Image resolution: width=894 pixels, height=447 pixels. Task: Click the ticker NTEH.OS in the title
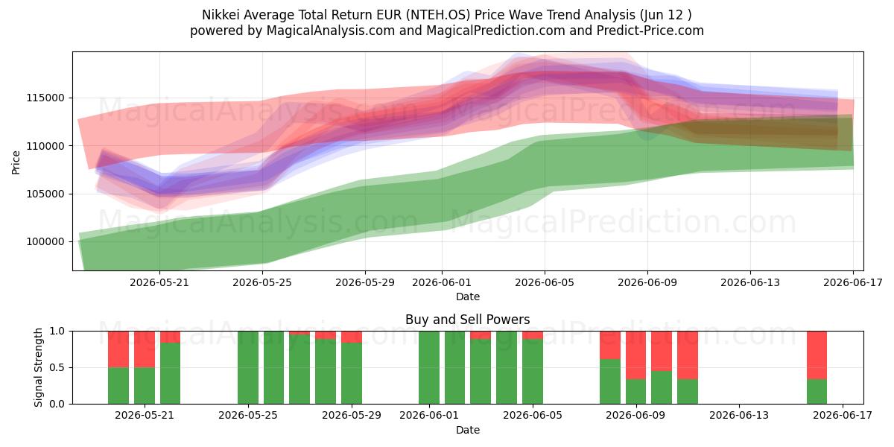coord(437,15)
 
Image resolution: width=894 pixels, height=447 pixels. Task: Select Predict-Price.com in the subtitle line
coord(650,31)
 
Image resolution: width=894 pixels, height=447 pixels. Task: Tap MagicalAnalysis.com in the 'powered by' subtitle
coord(331,31)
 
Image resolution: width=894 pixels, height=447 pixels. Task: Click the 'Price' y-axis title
coord(16,162)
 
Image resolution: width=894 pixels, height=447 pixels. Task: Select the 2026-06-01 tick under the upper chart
coord(441,282)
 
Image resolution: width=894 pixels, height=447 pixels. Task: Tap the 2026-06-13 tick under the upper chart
coord(750,282)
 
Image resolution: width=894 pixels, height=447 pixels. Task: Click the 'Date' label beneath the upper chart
coord(468,297)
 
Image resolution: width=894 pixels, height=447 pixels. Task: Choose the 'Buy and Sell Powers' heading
coord(467,320)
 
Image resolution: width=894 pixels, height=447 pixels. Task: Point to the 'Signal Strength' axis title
coord(38,367)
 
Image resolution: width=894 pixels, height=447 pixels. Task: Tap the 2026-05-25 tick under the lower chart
coord(248,416)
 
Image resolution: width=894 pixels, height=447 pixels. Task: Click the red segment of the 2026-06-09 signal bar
coord(635,355)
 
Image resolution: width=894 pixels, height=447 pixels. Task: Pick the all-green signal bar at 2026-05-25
coord(248,367)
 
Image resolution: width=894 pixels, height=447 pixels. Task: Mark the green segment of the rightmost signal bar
coord(817,392)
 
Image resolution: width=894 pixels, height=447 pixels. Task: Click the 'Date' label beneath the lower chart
coord(468,430)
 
